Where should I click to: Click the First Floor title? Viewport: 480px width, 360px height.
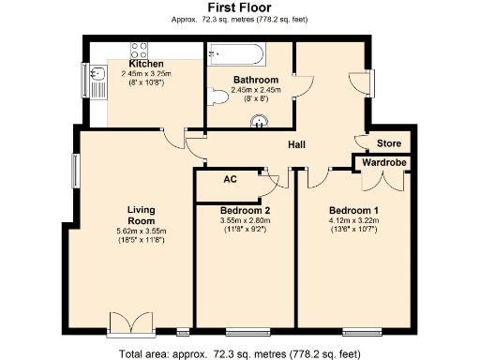click(239, 7)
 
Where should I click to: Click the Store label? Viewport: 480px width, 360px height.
click(389, 144)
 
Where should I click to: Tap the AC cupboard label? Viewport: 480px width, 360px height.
click(229, 179)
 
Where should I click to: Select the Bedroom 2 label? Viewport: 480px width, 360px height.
click(245, 210)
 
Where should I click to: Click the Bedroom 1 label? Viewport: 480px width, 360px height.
click(353, 210)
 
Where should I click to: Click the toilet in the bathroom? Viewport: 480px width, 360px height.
click(218, 95)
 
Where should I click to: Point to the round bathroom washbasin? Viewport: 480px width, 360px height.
click(261, 119)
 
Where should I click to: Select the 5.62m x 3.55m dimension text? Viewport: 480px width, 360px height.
click(141, 231)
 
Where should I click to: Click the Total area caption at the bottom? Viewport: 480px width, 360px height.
click(239, 353)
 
